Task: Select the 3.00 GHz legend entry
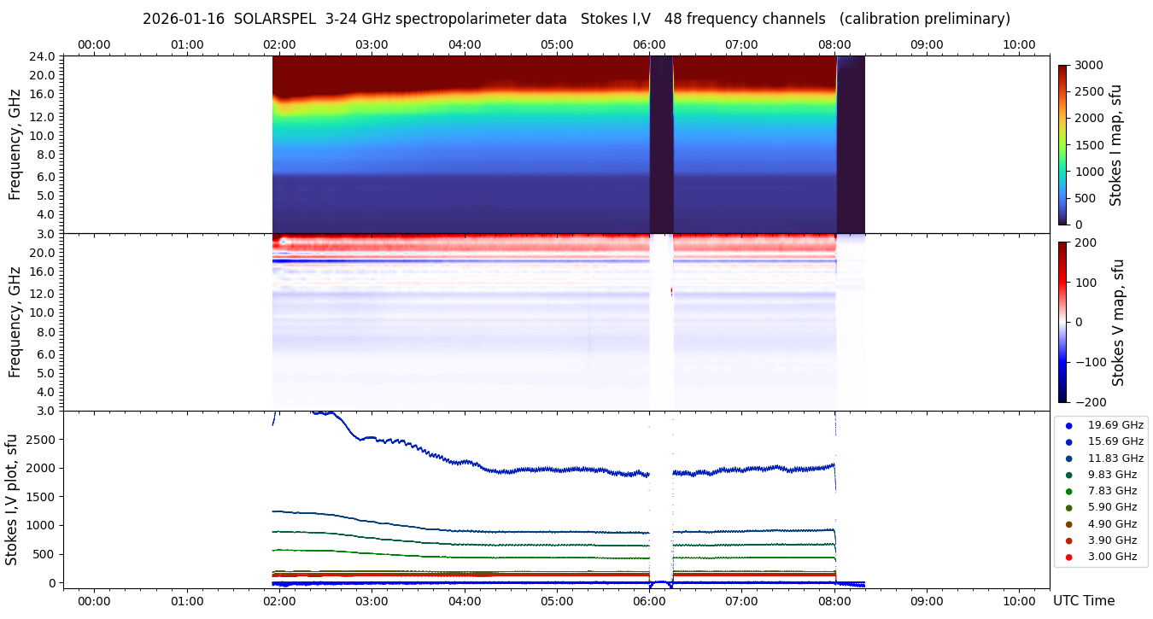click(1112, 557)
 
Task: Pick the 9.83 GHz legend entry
click(1112, 475)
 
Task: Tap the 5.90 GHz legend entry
click(1112, 507)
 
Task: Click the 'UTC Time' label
click(1083, 601)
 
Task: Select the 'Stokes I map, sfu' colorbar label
click(1115, 145)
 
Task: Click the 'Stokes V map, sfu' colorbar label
click(1117, 323)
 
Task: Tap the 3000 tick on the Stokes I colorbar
click(1091, 65)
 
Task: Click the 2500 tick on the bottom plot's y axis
click(43, 439)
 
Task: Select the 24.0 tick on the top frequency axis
click(44, 56)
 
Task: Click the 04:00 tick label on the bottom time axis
click(465, 601)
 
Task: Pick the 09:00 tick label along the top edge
click(926, 44)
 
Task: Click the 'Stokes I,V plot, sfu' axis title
click(12, 499)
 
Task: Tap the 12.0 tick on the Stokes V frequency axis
click(44, 293)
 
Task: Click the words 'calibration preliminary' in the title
click(925, 19)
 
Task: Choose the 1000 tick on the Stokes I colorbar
click(1091, 172)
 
